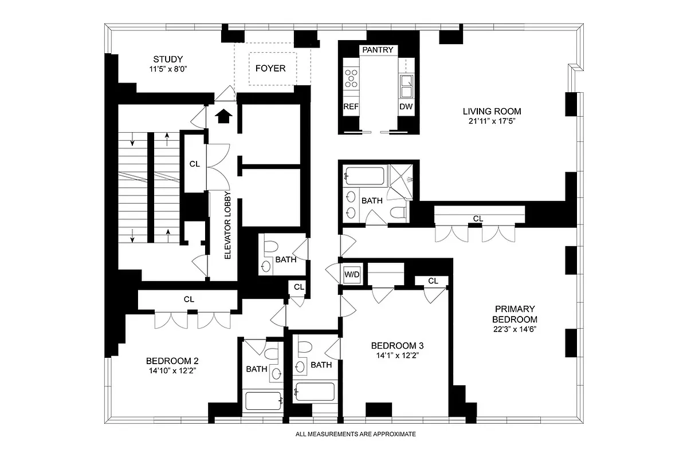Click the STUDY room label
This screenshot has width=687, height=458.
click(168, 59)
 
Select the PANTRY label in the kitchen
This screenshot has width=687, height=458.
click(378, 50)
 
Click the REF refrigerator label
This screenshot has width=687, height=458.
click(350, 107)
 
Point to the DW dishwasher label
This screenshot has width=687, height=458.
click(406, 107)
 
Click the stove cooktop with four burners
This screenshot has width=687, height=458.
click(350, 78)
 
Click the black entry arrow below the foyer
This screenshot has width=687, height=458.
click(224, 116)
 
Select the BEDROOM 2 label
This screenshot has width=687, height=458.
click(172, 361)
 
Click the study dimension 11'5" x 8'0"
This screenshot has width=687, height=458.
click(168, 69)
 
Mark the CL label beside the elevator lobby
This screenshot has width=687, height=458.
click(194, 164)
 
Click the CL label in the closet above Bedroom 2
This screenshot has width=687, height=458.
click(189, 299)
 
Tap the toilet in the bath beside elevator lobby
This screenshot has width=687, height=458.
click(270, 247)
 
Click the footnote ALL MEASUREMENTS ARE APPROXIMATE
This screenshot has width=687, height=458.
click(355, 435)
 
